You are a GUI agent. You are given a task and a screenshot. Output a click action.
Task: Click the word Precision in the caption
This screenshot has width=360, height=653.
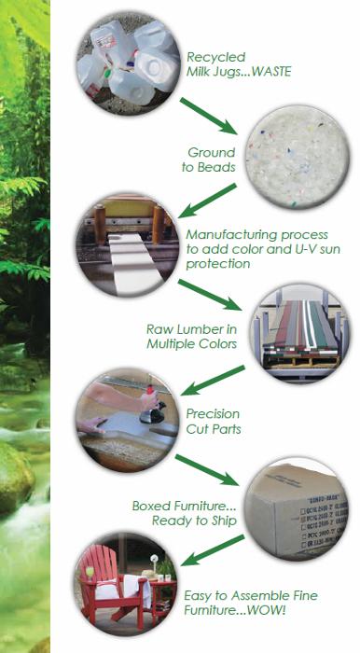[x=213, y=414]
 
